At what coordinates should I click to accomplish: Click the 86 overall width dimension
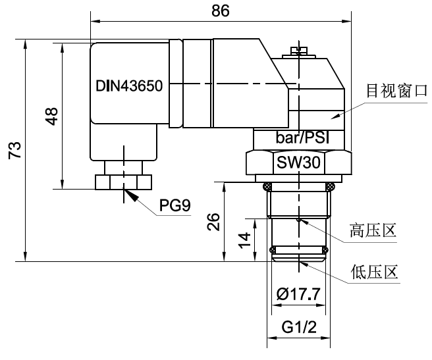[220, 11]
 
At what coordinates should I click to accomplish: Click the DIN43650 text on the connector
[129, 86]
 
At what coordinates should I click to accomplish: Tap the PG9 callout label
[175, 206]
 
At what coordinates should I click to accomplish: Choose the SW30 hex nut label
[298, 163]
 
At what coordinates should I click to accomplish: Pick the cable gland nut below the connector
[123, 181]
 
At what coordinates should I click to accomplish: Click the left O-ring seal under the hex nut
[267, 185]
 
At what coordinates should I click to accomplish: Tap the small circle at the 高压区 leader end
[299, 219]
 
